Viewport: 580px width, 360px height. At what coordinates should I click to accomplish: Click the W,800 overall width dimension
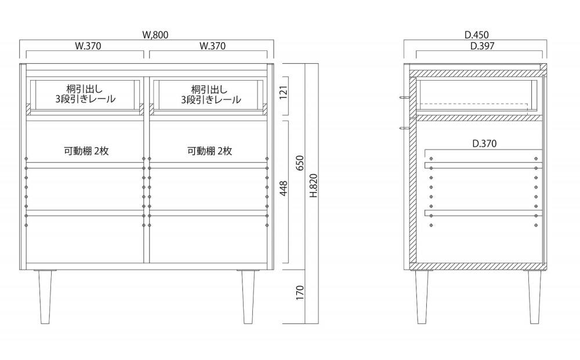(x=155, y=35)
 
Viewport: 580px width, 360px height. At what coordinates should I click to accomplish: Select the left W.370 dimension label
(x=88, y=46)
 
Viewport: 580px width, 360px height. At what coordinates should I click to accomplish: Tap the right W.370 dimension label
(x=212, y=46)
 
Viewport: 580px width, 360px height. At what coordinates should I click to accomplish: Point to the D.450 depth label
(x=477, y=35)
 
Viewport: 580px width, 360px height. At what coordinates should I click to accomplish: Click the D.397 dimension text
(x=483, y=46)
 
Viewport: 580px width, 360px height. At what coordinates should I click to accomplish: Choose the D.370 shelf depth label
(x=484, y=143)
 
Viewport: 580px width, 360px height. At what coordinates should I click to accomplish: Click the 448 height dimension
(x=284, y=188)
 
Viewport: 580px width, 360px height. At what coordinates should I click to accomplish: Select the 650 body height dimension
(x=300, y=163)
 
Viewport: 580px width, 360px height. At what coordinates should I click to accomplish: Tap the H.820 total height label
(x=314, y=186)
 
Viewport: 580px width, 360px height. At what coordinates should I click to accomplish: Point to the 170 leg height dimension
(x=300, y=292)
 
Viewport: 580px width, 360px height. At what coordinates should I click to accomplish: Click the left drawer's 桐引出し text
(x=85, y=89)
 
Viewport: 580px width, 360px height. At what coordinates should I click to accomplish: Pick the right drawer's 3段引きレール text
(x=211, y=100)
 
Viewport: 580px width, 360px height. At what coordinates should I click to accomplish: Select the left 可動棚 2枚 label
(x=86, y=151)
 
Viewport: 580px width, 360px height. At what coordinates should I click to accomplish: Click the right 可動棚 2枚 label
(x=210, y=151)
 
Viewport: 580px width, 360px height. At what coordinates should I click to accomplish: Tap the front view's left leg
(x=45, y=297)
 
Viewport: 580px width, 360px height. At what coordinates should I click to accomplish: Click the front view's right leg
(x=249, y=297)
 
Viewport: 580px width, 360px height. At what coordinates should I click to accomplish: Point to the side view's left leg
(x=422, y=297)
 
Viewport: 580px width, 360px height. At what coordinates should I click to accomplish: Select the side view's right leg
(x=535, y=297)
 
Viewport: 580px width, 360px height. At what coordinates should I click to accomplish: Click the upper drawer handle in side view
(x=405, y=97)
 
